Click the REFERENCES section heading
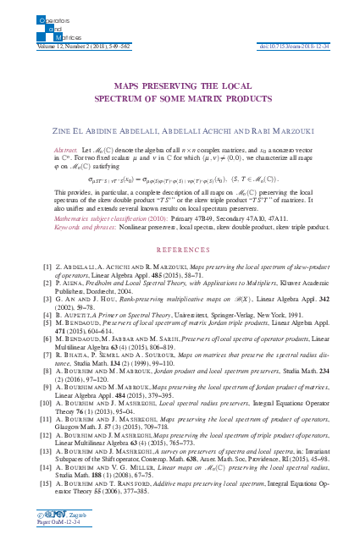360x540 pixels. tap(180, 251)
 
